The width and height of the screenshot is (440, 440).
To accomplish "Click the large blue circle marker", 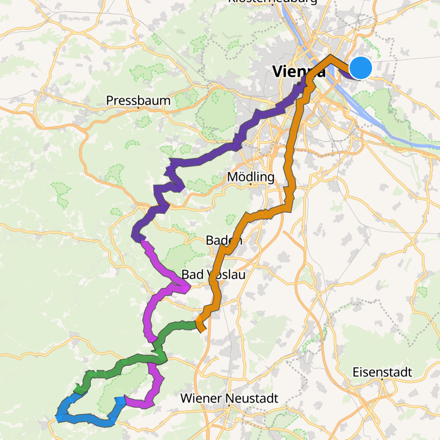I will click(x=360, y=68).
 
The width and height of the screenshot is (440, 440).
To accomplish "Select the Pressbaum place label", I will click(x=138, y=101).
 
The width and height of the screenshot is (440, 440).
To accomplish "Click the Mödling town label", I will click(x=251, y=177).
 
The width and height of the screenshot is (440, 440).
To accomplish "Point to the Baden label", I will click(x=224, y=240).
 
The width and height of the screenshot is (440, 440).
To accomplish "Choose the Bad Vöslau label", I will click(x=213, y=274).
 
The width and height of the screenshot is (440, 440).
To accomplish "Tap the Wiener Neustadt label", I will click(x=229, y=398).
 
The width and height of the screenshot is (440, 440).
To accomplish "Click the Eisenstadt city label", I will click(x=382, y=372).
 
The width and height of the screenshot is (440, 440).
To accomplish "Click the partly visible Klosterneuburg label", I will click(x=272, y=2).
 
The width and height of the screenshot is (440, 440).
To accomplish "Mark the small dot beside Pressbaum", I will click(x=138, y=108).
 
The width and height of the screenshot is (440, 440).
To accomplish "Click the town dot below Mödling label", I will click(x=251, y=184).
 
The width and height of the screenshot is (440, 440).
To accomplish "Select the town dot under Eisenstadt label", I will click(x=382, y=379).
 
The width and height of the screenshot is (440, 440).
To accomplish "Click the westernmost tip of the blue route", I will click(x=57, y=418).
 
